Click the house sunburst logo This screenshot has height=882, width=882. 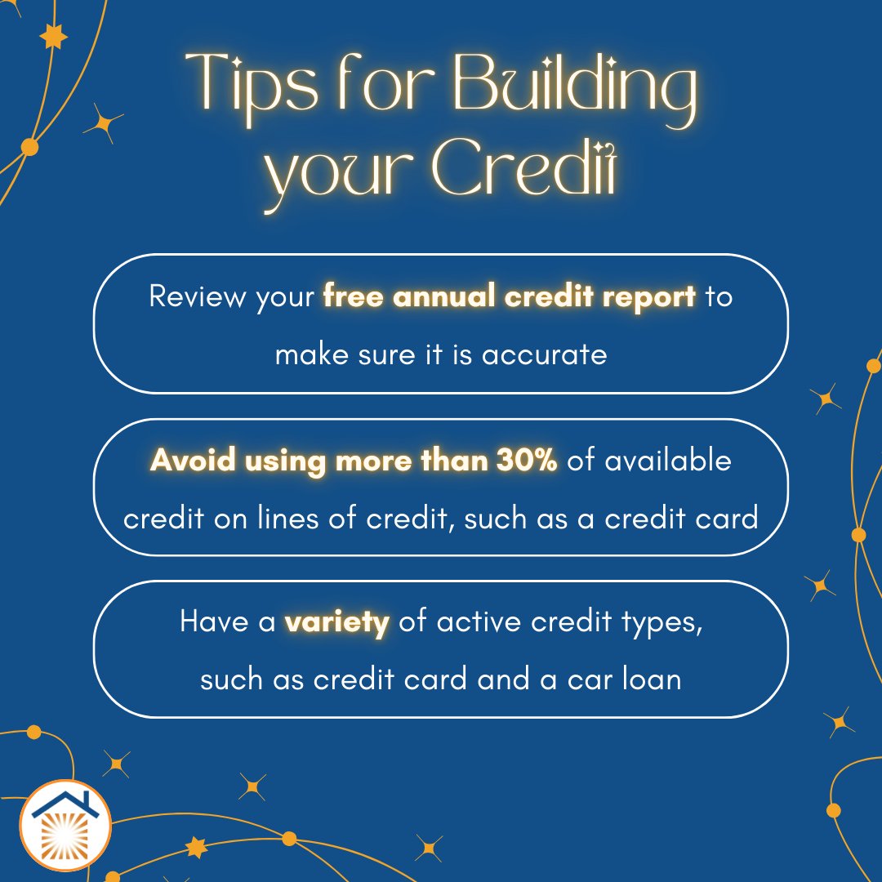click(x=65, y=826)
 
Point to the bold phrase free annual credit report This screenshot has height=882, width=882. click(x=510, y=296)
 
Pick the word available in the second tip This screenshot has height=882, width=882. click(x=669, y=461)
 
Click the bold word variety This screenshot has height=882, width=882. click(x=336, y=623)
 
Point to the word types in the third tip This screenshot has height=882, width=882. click(x=658, y=623)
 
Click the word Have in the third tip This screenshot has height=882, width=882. click(x=214, y=623)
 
